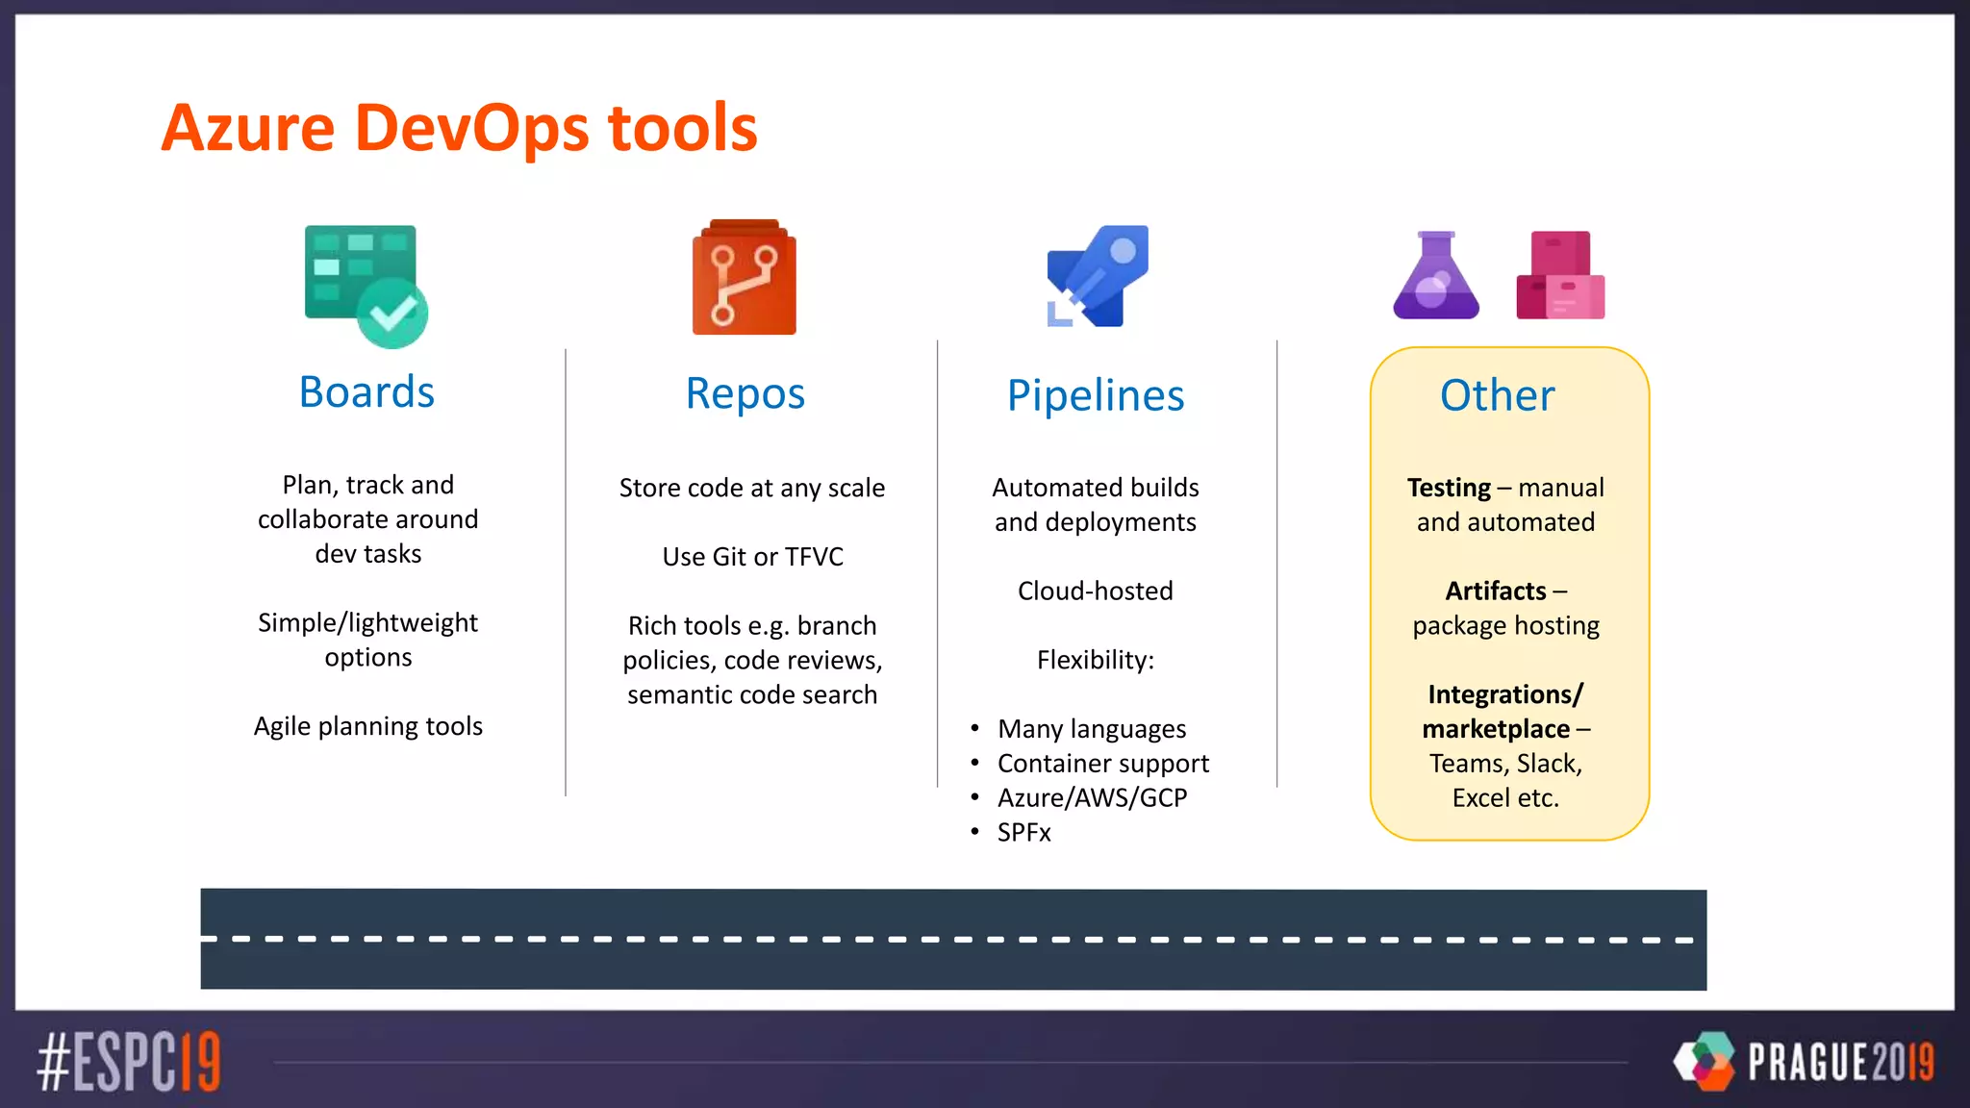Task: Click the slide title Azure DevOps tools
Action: pos(459,128)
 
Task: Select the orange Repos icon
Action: pos(744,278)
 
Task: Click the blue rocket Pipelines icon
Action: pos(1098,277)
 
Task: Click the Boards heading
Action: pos(366,392)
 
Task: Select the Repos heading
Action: pos(745,393)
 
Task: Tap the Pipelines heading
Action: pos(1095,395)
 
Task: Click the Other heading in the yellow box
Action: pos(1497,395)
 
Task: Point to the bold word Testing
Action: pos(1448,488)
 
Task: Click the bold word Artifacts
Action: pos(1495,591)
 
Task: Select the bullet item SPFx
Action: pos(1023,832)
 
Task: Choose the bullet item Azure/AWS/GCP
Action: pos(1092,797)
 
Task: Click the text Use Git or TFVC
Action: pos(752,557)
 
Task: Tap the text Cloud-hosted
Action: pos(1095,591)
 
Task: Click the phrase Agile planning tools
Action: pos(367,726)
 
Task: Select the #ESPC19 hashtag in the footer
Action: pos(129,1062)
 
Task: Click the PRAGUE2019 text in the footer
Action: pos(1839,1062)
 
